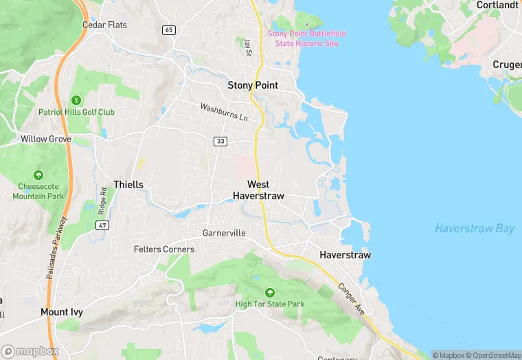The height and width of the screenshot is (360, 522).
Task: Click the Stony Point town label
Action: (x=253, y=85)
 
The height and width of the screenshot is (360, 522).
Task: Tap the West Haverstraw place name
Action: (x=258, y=190)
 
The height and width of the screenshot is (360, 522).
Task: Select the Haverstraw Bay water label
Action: (x=474, y=229)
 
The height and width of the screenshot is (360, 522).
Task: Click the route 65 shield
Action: (x=169, y=30)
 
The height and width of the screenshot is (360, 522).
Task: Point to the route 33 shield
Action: (x=220, y=142)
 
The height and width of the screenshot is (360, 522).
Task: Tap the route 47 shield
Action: (x=102, y=225)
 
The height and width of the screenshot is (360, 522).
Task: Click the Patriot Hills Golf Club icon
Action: (x=76, y=100)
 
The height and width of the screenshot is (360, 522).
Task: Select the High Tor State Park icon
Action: (x=269, y=292)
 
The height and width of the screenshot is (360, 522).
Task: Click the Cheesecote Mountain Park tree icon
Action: (x=38, y=175)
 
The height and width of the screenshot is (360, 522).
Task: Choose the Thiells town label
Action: (x=128, y=185)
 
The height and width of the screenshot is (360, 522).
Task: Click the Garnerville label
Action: (x=224, y=234)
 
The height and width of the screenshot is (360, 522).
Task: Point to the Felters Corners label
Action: (x=163, y=249)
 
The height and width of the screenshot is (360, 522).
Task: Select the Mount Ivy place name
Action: (x=62, y=312)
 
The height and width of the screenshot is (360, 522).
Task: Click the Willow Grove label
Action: (x=45, y=139)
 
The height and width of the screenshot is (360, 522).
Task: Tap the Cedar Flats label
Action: (x=104, y=25)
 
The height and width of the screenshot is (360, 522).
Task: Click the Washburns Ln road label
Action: (x=224, y=112)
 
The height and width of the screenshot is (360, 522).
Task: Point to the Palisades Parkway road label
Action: (x=56, y=247)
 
